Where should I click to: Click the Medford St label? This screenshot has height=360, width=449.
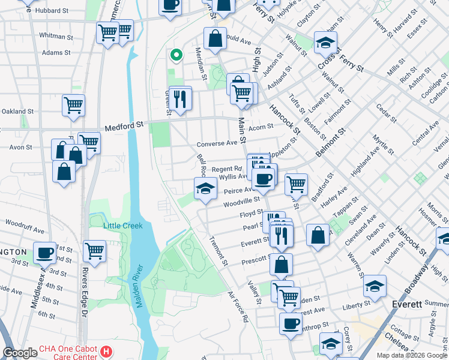point(125,127)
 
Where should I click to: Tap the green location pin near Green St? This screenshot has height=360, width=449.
point(176,56)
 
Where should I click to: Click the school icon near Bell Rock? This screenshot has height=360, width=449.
point(205,188)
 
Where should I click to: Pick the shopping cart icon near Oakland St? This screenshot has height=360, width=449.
point(73,105)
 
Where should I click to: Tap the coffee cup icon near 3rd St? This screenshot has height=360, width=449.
point(44,253)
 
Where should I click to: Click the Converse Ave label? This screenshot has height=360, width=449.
point(217,144)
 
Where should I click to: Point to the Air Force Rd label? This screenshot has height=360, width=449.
point(238,307)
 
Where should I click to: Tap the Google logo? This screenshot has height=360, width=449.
point(20,353)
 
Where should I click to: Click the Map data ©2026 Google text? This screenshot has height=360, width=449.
point(412,355)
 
